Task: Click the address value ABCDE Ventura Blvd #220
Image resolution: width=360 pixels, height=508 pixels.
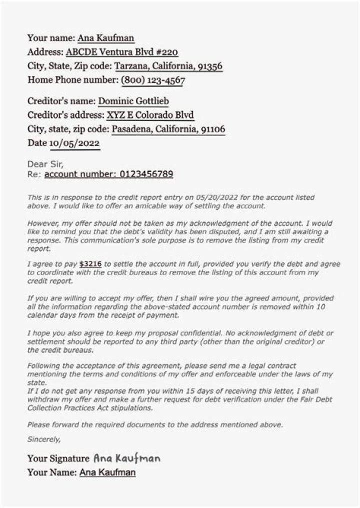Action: coord(122,52)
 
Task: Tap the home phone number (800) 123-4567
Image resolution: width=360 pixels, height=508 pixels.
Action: coord(152,80)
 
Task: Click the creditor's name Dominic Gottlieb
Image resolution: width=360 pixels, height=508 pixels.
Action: coord(133,101)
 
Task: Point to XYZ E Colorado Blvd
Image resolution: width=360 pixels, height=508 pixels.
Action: coord(150,115)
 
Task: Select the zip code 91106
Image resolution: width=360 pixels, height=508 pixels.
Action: coord(212,129)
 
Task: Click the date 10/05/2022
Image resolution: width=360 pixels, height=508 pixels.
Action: coord(74,143)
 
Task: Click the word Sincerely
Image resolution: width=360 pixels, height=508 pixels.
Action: coord(44,439)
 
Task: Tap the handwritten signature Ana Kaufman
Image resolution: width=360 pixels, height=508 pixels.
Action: coord(126,458)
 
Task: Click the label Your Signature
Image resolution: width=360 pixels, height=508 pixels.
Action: coord(58,458)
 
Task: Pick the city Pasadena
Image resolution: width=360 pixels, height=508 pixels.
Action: coord(131,129)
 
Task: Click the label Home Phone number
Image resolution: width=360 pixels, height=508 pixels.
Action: coord(72,80)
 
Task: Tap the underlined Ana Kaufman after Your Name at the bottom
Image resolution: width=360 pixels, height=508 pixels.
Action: coord(107,472)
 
